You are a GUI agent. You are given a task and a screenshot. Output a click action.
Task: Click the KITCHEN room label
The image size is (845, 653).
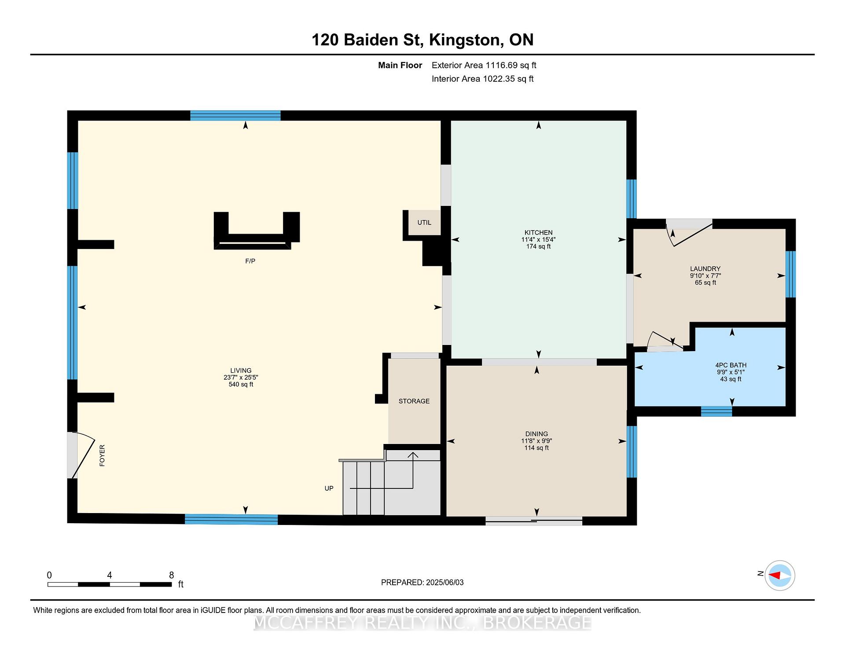(x=538, y=232)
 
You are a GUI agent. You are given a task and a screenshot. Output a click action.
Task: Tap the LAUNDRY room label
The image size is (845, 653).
(x=705, y=268)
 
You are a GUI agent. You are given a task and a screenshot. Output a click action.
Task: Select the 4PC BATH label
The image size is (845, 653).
(x=731, y=365)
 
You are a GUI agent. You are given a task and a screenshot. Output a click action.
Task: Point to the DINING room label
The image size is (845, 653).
(x=536, y=433)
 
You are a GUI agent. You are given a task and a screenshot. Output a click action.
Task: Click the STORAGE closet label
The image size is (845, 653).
(x=414, y=401)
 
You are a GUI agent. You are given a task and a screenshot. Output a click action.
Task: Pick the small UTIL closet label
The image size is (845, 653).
(x=424, y=222)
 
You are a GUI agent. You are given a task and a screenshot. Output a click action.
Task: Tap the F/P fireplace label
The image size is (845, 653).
(x=250, y=261)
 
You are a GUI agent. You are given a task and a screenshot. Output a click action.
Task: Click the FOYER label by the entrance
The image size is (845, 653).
(x=102, y=455)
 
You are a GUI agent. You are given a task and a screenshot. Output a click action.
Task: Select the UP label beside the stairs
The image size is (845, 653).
(x=329, y=488)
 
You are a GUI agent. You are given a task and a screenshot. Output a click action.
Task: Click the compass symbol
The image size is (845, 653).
(x=779, y=575)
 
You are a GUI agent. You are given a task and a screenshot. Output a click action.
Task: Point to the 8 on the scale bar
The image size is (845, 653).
(x=172, y=575)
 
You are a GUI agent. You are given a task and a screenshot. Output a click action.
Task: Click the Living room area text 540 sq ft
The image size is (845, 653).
(x=241, y=384)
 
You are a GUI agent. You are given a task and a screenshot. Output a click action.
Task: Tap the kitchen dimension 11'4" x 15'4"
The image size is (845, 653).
(x=538, y=239)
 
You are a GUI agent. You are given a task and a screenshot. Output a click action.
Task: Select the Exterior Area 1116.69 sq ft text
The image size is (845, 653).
(x=484, y=65)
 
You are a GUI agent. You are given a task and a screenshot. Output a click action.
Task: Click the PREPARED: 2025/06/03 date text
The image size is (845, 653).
(x=422, y=582)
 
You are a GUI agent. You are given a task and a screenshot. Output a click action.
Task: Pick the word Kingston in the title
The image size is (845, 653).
(x=466, y=40)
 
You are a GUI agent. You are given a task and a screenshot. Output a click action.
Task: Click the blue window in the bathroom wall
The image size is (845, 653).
(x=716, y=411)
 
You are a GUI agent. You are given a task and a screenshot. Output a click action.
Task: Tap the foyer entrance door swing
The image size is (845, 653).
(x=83, y=454)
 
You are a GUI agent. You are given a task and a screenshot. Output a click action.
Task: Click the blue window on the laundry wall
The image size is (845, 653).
(x=790, y=274)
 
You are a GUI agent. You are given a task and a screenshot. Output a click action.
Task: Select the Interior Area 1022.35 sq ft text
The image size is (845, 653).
(x=482, y=79)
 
